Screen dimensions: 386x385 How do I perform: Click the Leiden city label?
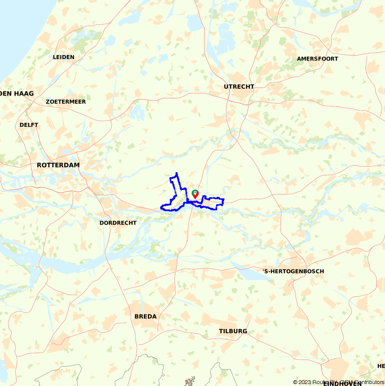tap(64, 57)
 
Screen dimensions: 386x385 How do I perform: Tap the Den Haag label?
tap(17, 94)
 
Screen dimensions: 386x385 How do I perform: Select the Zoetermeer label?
tap(65, 102)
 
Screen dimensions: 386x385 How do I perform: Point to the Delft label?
tap(29, 125)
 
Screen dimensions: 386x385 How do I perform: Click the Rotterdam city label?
tap(58, 165)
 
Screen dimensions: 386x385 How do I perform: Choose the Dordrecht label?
tap(118, 223)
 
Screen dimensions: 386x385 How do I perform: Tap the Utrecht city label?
tap(239, 87)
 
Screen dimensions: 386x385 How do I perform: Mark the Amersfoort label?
tap(317, 59)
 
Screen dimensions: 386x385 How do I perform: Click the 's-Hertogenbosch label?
tap(293, 271)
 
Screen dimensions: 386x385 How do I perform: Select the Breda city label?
tap(146, 317)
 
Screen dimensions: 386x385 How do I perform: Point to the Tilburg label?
tap(233, 331)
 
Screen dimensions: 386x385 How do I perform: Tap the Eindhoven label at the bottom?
tap(343, 384)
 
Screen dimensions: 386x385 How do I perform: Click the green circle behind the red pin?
tap(194, 191)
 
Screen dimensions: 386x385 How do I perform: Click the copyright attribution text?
tap(339, 382)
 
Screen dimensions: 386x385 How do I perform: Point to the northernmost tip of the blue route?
tap(176, 173)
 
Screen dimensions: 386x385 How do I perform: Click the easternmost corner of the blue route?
tap(224, 200)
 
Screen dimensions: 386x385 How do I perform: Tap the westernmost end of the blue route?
tap(161, 208)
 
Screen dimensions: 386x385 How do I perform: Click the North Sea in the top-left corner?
tap(19, 23)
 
